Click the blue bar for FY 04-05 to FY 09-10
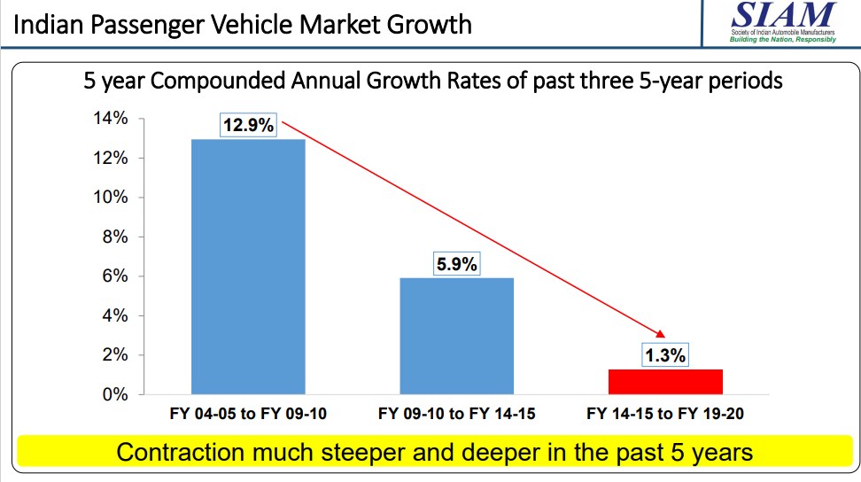coord(248,266)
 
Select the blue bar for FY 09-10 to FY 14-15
coord(456,336)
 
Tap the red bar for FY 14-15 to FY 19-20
coord(665,382)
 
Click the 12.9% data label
coord(248,125)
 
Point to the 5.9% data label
coord(456,263)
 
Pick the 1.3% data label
coord(664,355)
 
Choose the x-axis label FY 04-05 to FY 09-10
coord(248,414)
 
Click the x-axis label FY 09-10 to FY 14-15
coord(456,414)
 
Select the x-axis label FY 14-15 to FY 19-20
coord(665,414)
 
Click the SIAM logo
coord(781,22)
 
